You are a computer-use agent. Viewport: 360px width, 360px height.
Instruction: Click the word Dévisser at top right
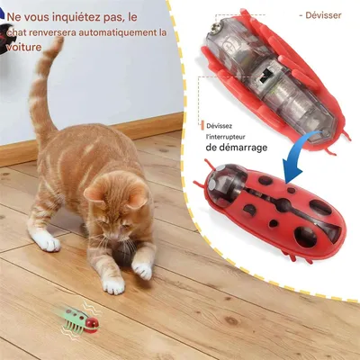(323, 14)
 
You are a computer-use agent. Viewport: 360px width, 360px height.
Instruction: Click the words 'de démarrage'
(236, 148)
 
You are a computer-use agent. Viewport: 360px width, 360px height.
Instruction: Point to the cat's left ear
(94, 193)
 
